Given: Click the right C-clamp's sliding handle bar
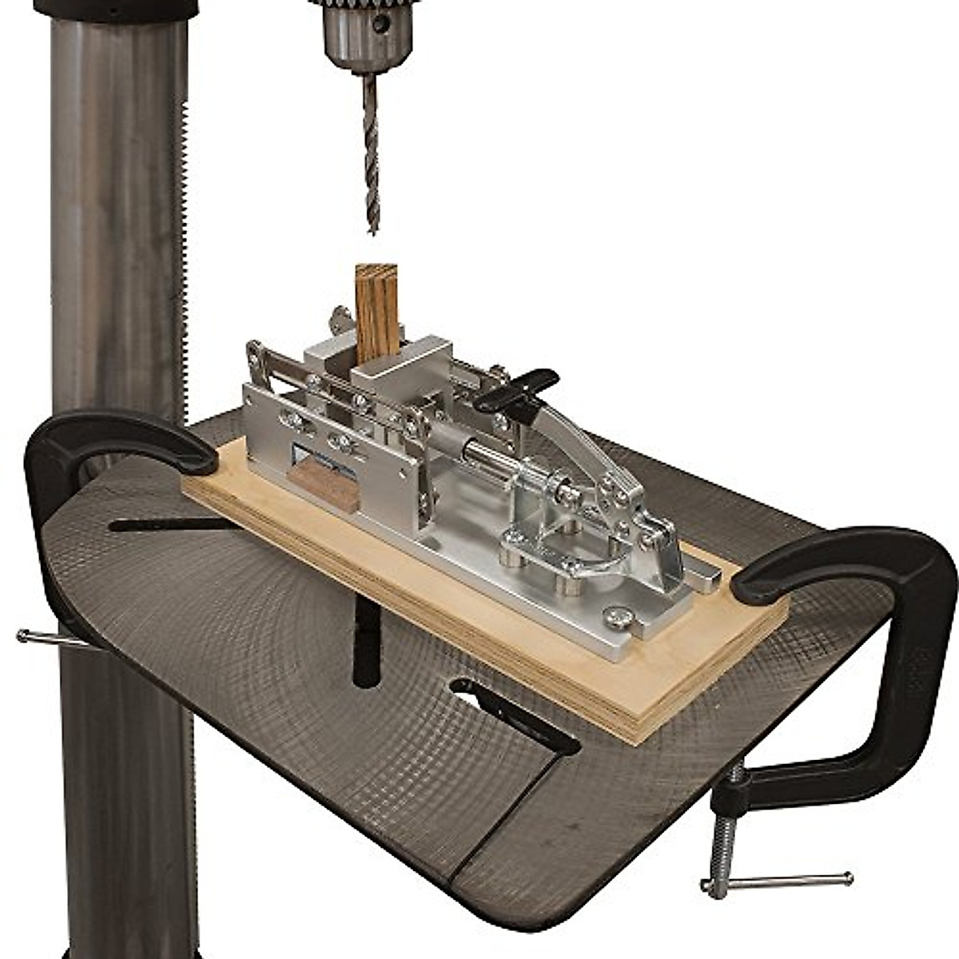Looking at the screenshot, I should click(x=775, y=881).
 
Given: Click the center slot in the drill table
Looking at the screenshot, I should click(x=367, y=639).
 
